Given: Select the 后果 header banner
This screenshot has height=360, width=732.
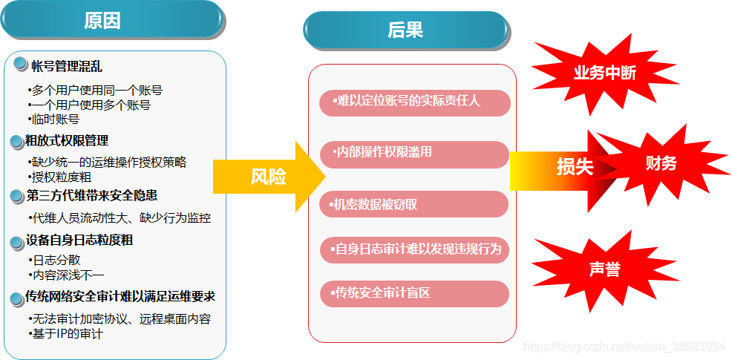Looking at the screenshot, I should (405, 30).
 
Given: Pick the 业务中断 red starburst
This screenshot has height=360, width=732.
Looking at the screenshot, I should (604, 73).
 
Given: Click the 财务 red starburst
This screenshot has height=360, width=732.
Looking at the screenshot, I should (661, 163).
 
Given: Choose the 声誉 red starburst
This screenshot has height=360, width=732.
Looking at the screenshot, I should (604, 269).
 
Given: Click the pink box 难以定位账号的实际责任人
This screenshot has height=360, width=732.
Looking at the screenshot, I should (414, 102).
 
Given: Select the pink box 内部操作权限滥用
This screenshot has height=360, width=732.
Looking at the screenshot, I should (414, 154).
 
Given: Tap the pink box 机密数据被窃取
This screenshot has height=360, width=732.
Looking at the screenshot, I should (414, 204).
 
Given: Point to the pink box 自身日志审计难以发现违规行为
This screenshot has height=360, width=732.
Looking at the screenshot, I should (414, 249).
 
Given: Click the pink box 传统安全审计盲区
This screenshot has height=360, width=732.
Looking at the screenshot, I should (414, 293).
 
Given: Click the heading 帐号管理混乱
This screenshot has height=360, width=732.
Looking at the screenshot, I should (67, 66).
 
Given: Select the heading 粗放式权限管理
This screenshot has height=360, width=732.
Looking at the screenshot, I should (67, 140).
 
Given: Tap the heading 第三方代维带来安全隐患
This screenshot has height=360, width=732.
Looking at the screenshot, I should (91, 195).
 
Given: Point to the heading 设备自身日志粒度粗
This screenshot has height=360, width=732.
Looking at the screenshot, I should (79, 240).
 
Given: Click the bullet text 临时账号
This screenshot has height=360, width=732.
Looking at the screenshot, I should (53, 119).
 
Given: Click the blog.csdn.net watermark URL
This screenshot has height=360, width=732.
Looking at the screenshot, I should (624, 347).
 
